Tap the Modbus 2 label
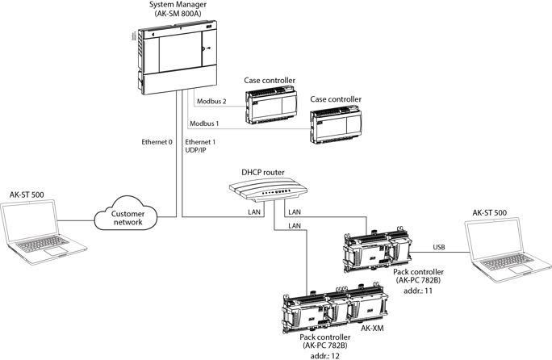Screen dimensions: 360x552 [x=212, y=102]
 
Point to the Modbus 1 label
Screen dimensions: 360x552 [x=205, y=123]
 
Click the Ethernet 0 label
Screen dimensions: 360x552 [x=157, y=142]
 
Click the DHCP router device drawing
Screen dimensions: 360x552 [x=270, y=192]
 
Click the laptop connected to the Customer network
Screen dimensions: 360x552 [x=36, y=231]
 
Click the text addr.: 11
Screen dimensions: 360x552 [x=412, y=291]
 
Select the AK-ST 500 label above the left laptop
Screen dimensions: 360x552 [x=26, y=195]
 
